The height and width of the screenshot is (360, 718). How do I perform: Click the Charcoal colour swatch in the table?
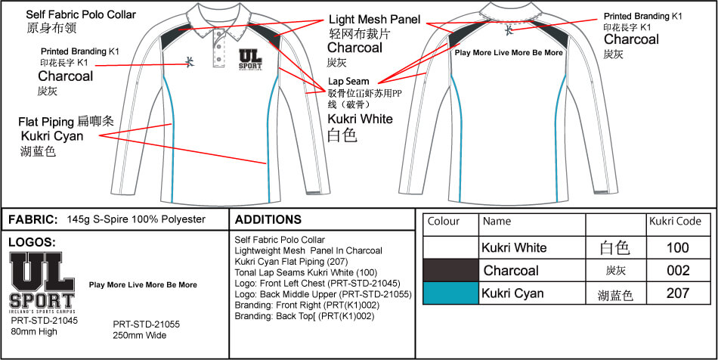451,270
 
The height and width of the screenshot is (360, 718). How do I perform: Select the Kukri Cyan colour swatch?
451,293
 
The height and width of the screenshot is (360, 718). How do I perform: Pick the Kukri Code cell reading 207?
678,293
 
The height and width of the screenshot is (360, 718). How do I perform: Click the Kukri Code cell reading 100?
678,247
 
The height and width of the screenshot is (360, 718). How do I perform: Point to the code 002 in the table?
678,271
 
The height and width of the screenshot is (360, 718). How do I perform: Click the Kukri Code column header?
675,222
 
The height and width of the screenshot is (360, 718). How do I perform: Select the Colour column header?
444,222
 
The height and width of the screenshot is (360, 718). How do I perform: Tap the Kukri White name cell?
514,247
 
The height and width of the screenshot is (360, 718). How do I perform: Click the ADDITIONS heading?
269,219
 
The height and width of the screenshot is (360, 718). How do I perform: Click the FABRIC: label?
32,219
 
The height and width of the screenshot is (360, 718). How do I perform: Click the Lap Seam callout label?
348,81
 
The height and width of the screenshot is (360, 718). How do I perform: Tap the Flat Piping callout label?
47,121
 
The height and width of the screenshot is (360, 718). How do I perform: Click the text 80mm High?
35,331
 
